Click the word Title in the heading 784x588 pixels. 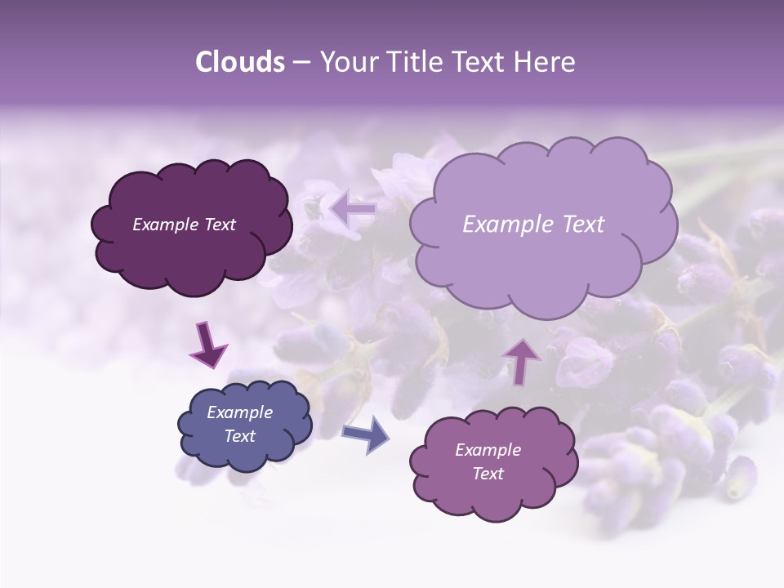(x=415, y=62)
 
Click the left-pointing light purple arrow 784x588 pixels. (x=353, y=210)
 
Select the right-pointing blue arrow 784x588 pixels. (x=365, y=434)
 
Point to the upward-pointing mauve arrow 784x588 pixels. (x=522, y=361)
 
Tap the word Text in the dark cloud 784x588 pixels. (x=219, y=225)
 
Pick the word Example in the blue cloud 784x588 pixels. (x=240, y=412)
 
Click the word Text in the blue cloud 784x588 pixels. (x=240, y=436)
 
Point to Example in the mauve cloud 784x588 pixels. (x=488, y=450)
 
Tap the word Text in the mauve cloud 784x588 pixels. (x=488, y=474)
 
